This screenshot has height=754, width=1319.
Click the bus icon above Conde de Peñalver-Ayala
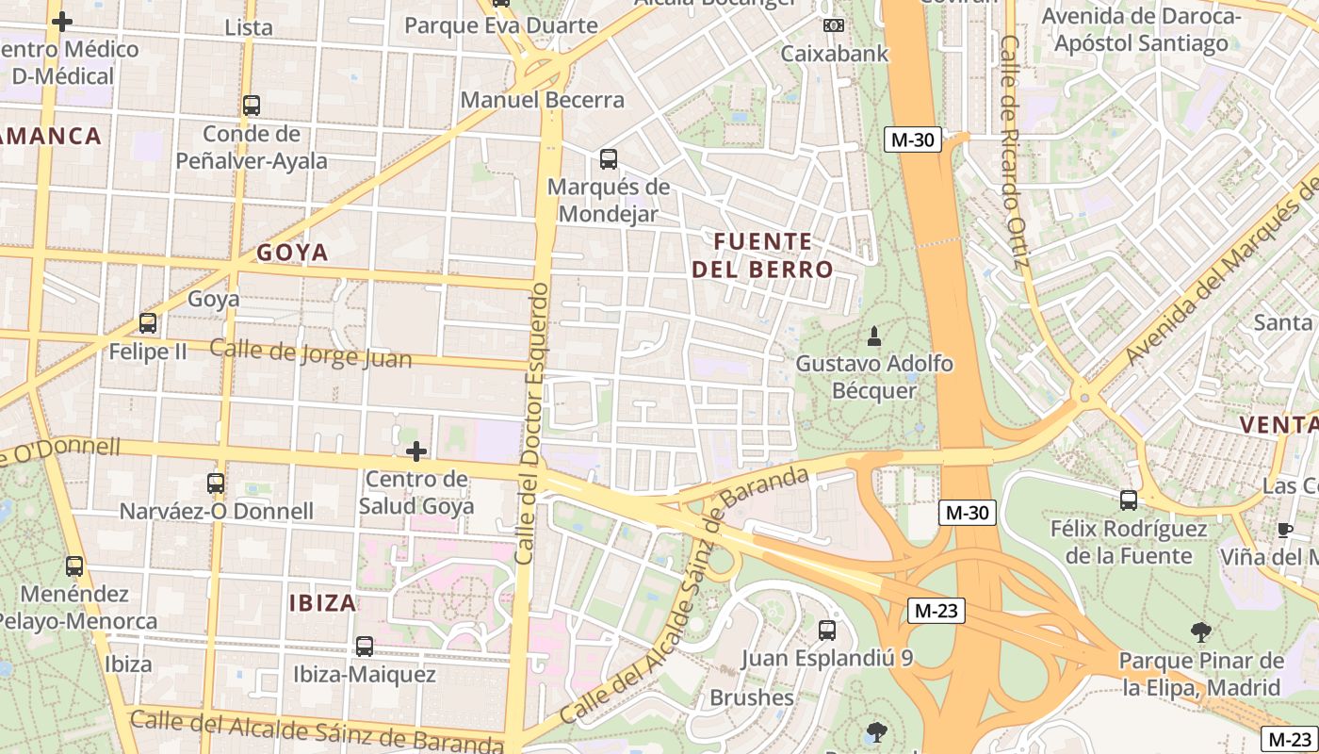tap(252, 106)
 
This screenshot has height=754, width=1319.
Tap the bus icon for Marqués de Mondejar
tap(609, 158)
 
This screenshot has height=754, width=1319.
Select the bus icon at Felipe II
tap(148, 323)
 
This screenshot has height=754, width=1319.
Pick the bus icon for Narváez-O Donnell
tap(216, 484)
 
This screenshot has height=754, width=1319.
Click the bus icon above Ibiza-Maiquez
tap(365, 647)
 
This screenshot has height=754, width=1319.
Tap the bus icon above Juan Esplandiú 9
tap(827, 630)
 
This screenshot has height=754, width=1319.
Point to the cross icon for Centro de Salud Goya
tap(415, 451)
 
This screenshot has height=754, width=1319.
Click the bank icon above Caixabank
tap(833, 25)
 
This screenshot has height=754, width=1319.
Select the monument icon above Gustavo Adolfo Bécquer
tap(874, 336)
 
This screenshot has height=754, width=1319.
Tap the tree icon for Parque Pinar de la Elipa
tap(1200, 631)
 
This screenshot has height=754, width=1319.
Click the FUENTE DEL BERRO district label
tap(763, 255)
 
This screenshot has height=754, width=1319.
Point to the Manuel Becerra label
tap(543, 100)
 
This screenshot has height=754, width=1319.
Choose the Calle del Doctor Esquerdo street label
tap(532, 423)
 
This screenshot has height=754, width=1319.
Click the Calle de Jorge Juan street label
tap(310, 353)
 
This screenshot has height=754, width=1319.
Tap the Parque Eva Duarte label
tap(501, 25)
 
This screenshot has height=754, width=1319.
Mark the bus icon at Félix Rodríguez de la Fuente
tap(1129, 500)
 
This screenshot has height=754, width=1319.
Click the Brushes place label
tap(752, 697)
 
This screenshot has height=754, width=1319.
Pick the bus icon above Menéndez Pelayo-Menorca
tap(74, 566)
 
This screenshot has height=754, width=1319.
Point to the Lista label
tap(249, 27)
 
